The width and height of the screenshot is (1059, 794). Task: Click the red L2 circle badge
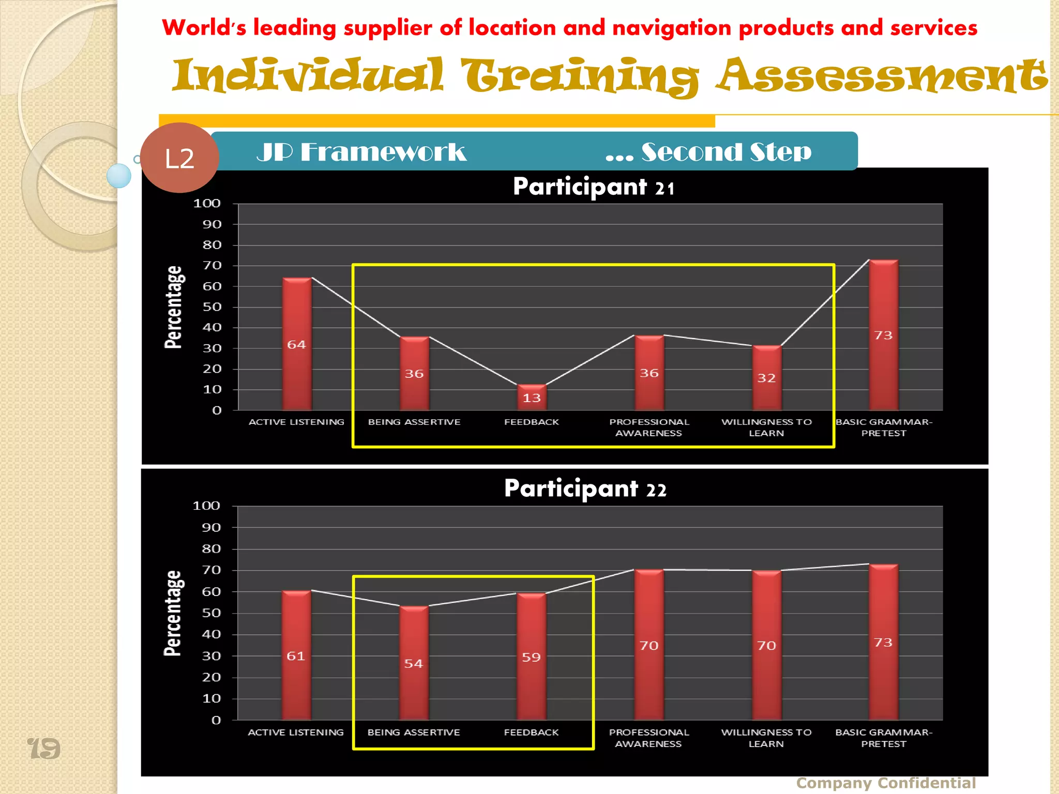[x=179, y=158]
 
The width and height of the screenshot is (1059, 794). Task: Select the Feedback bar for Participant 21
[x=532, y=397]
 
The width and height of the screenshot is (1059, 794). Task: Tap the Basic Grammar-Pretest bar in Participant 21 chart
[x=884, y=335]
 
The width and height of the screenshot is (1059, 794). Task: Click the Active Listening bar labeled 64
[x=297, y=344]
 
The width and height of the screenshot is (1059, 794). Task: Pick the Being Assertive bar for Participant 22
[x=414, y=663]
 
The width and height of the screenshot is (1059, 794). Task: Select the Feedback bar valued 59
[x=532, y=656]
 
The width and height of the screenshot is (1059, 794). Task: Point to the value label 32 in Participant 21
[x=766, y=378]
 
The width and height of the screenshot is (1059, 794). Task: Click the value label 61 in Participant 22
[x=296, y=656]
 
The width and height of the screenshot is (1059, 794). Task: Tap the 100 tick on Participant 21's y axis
[x=207, y=204]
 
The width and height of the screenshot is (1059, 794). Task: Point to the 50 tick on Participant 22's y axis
[x=211, y=613]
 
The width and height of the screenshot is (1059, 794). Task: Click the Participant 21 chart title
[x=594, y=187]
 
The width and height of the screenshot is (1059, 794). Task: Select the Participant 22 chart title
[x=585, y=488]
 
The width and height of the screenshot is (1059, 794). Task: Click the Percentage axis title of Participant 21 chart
[x=174, y=307]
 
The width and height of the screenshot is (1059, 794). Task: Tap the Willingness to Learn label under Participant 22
[x=766, y=738]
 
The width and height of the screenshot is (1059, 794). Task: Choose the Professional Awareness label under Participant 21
[x=649, y=427]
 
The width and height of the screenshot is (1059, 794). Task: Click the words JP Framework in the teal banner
[x=361, y=152]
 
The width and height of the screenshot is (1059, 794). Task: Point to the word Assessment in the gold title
[x=882, y=76]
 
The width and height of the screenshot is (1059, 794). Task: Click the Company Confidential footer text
[x=886, y=783]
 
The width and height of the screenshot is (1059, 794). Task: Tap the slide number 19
[x=44, y=749]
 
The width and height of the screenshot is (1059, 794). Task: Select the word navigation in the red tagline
[x=671, y=28]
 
